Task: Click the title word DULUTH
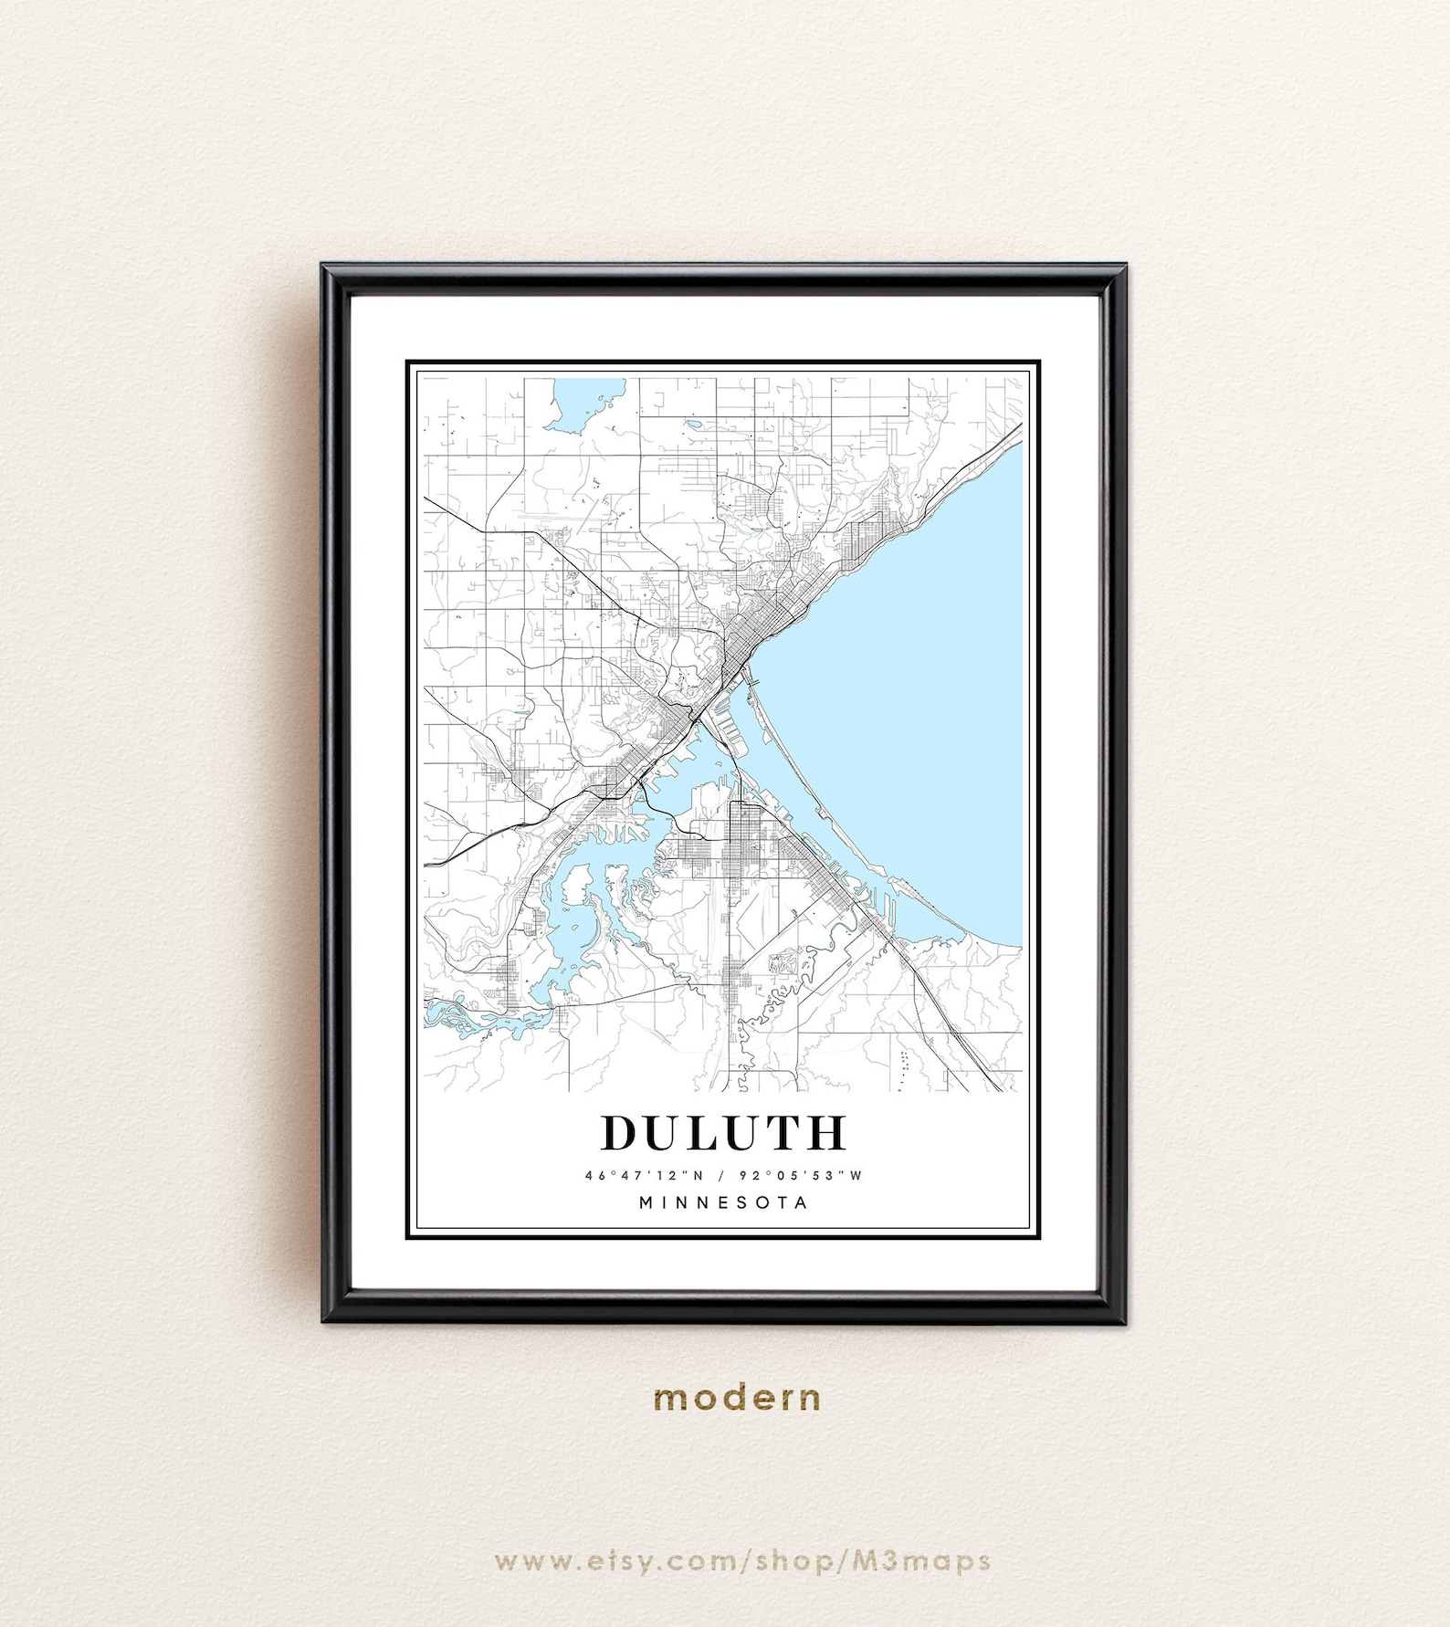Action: point(723,1133)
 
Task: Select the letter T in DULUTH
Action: point(783,1133)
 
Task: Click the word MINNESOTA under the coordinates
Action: point(723,1202)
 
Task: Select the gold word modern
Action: point(737,1397)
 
